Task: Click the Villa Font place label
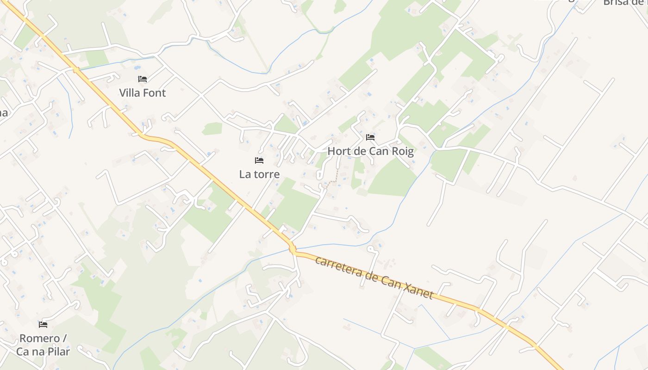143,92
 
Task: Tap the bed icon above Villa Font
143,79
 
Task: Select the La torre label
259,174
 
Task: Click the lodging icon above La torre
259,160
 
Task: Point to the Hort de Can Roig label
370,151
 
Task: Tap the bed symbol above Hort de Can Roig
370,137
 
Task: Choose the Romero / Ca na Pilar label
43,345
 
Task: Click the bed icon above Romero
43,325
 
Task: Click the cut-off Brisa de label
625,2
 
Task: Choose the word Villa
130,92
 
